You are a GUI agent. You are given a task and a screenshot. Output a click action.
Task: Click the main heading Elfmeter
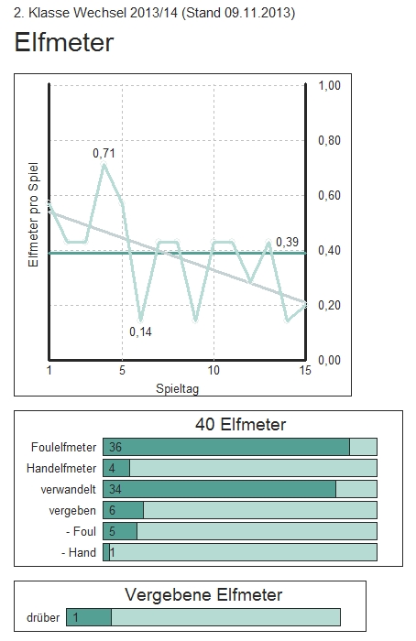(x=65, y=42)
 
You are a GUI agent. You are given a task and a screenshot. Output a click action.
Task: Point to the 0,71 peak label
(x=104, y=153)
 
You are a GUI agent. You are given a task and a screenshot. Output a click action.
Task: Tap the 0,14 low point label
(x=140, y=331)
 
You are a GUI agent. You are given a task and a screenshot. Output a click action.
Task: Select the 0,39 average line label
(x=287, y=242)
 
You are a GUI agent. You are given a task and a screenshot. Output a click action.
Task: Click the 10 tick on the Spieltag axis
(x=213, y=371)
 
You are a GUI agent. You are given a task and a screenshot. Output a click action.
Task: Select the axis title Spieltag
(x=176, y=387)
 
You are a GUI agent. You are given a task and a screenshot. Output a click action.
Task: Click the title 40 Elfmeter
(x=240, y=424)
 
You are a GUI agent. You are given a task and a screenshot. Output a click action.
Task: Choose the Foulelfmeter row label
(x=64, y=447)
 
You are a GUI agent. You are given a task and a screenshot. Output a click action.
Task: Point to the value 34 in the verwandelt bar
(x=116, y=489)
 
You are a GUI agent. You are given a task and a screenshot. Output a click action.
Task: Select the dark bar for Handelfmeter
(x=116, y=468)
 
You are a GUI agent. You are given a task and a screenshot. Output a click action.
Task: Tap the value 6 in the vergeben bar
(x=113, y=510)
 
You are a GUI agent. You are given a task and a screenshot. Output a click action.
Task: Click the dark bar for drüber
(x=89, y=617)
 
